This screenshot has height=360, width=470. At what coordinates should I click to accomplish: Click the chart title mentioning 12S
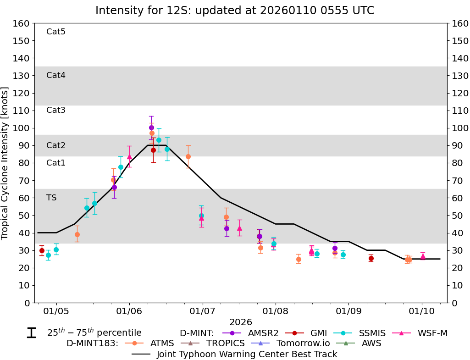coord(235,10)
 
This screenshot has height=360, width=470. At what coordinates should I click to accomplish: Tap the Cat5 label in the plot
coord(56,32)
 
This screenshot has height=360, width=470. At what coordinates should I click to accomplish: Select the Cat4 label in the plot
coord(56,75)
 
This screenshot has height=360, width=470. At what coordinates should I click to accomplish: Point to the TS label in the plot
coord(51,198)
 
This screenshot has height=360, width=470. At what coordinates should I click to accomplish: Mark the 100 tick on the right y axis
coord(459,128)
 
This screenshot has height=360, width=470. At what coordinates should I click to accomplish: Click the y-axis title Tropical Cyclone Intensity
coord(5,163)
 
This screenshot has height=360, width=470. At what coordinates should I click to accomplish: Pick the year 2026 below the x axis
coord(241,322)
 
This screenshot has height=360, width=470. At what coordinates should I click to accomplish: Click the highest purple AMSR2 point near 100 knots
coord(151,127)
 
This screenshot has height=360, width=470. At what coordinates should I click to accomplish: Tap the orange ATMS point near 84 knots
coord(188,156)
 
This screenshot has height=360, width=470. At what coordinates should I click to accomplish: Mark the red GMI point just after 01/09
coord(371,258)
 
